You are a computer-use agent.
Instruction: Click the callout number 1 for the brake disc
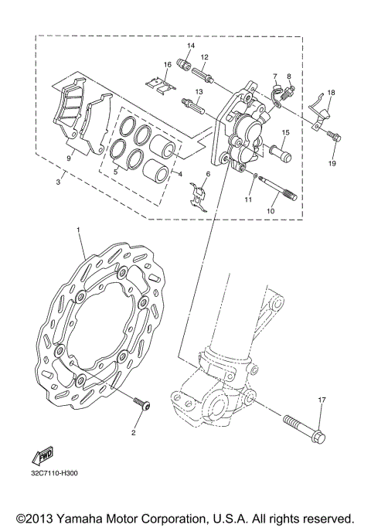click(x=79, y=230)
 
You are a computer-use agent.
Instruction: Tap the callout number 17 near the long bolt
click(x=322, y=400)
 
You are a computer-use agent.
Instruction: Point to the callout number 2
click(x=133, y=434)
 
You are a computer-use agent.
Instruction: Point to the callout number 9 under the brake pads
click(x=70, y=158)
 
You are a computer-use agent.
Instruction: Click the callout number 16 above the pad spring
click(x=167, y=64)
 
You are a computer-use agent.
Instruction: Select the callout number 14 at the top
click(x=191, y=46)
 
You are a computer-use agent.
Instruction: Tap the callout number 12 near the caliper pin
click(x=205, y=57)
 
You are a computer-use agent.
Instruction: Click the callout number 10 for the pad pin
click(x=271, y=209)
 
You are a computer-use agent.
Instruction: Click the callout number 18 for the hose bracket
click(x=330, y=93)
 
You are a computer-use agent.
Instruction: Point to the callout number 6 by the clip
click(x=207, y=175)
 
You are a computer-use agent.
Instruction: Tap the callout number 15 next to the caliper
click(x=284, y=133)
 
